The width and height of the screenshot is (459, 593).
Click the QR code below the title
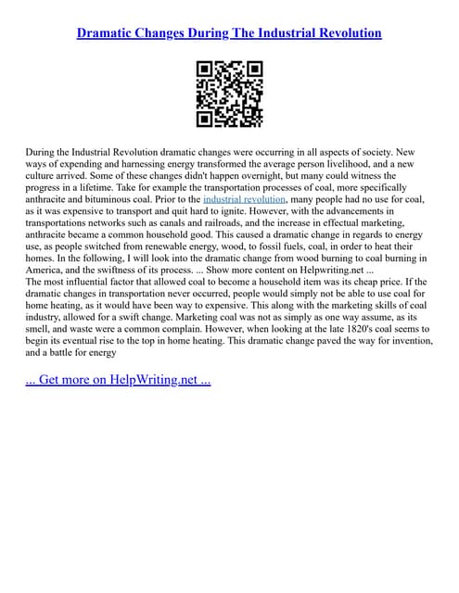coord(229,94)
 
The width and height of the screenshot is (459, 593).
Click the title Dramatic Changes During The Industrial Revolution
coord(229,33)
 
